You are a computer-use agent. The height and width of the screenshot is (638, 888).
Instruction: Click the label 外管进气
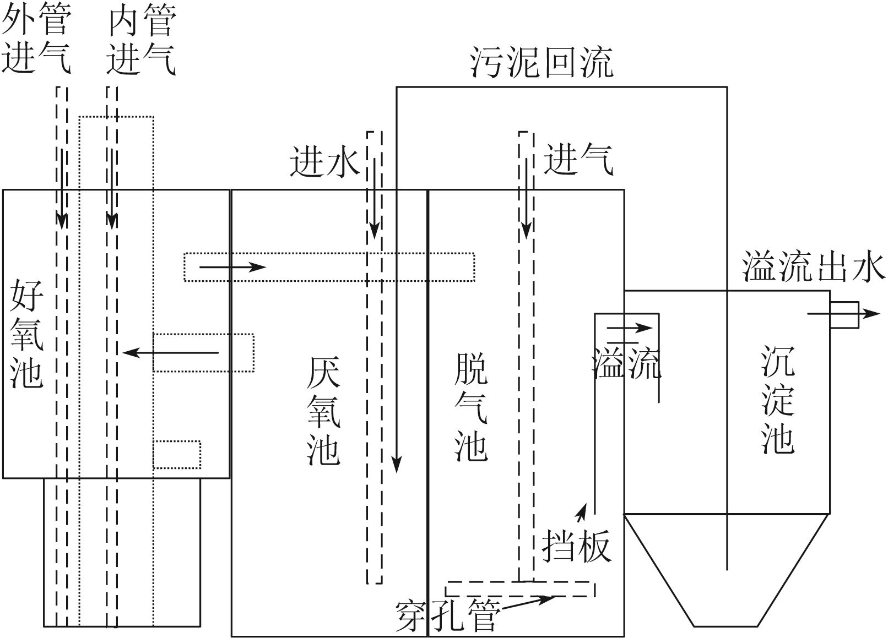point(36,40)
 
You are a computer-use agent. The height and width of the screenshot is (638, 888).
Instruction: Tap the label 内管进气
point(141,40)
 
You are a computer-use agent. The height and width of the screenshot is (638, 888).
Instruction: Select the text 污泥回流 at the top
point(542,63)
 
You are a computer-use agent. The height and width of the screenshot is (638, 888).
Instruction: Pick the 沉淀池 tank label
point(778,399)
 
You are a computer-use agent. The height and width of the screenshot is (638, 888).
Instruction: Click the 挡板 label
point(576,546)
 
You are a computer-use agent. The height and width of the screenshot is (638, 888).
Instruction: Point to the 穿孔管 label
point(447,615)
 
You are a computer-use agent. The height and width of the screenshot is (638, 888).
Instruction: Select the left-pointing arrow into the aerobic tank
point(171,352)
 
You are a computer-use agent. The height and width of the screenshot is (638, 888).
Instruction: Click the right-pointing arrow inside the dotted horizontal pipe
point(232,268)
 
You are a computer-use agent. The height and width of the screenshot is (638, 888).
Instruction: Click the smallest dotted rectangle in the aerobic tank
point(177,455)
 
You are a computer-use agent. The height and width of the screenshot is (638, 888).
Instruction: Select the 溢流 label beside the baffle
point(626,363)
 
